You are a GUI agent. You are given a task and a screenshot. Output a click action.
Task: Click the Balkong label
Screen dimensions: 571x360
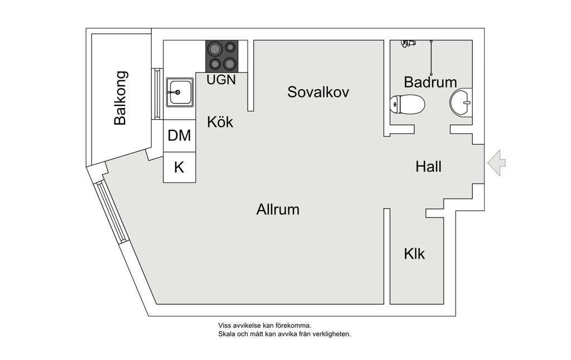pos(120,98)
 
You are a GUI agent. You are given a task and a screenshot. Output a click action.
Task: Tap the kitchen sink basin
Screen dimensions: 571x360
pos(180,92)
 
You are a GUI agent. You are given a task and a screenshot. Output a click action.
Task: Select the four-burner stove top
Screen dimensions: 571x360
pos(222,56)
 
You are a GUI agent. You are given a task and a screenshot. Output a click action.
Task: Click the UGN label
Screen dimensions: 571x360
pos(221,80)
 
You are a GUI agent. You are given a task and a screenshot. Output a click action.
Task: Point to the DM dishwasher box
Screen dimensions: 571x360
pos(179,135)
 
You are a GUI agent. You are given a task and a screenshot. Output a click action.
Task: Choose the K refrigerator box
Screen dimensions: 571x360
pos(179,167)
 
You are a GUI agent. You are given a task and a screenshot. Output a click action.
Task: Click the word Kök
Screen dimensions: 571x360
pos(220,122)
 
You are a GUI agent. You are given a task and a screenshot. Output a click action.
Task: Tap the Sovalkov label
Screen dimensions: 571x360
pos(318,92)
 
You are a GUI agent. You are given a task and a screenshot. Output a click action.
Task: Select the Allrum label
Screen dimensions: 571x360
pos(278,210)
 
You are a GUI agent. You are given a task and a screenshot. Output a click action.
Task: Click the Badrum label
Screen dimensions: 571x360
pos(430,82)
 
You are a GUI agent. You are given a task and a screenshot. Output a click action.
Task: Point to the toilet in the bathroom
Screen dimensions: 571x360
pos(407,104)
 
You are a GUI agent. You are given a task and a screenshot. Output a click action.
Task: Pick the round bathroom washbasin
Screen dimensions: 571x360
pos(461,103)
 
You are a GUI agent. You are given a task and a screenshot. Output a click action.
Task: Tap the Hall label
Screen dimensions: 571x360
pos(428,167)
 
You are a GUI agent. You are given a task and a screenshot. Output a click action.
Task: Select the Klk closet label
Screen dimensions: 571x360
pos(414,254)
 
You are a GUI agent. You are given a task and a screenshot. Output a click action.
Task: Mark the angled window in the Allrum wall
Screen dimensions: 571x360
pos(111,212)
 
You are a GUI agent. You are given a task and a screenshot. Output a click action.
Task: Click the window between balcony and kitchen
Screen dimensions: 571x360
pos(157,94)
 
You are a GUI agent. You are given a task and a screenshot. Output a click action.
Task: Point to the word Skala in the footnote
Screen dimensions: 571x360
pos(226,334)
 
